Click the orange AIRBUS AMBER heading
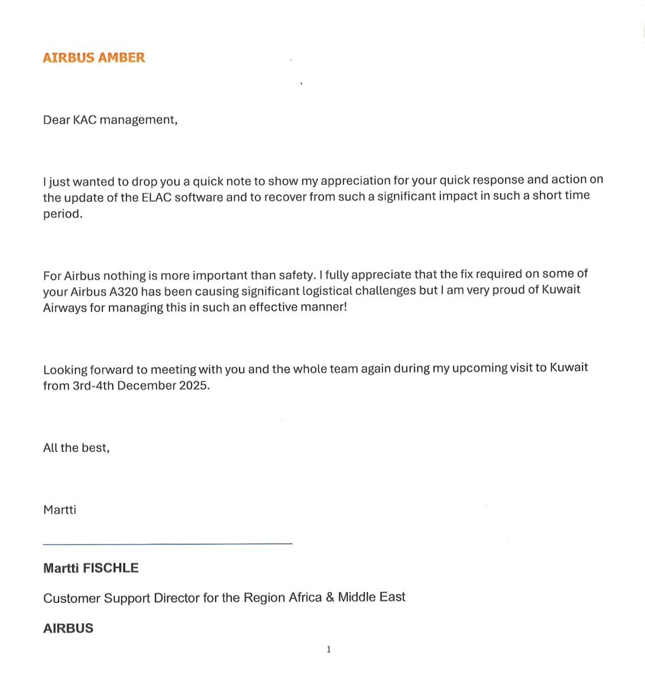[x=94, y=58]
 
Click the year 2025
[x=194, y=385]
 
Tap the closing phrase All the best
[x=76, y=448]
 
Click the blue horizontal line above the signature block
[x=167, y=544]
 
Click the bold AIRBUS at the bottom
[x=68, y=629]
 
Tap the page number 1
[x=329, y=650]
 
